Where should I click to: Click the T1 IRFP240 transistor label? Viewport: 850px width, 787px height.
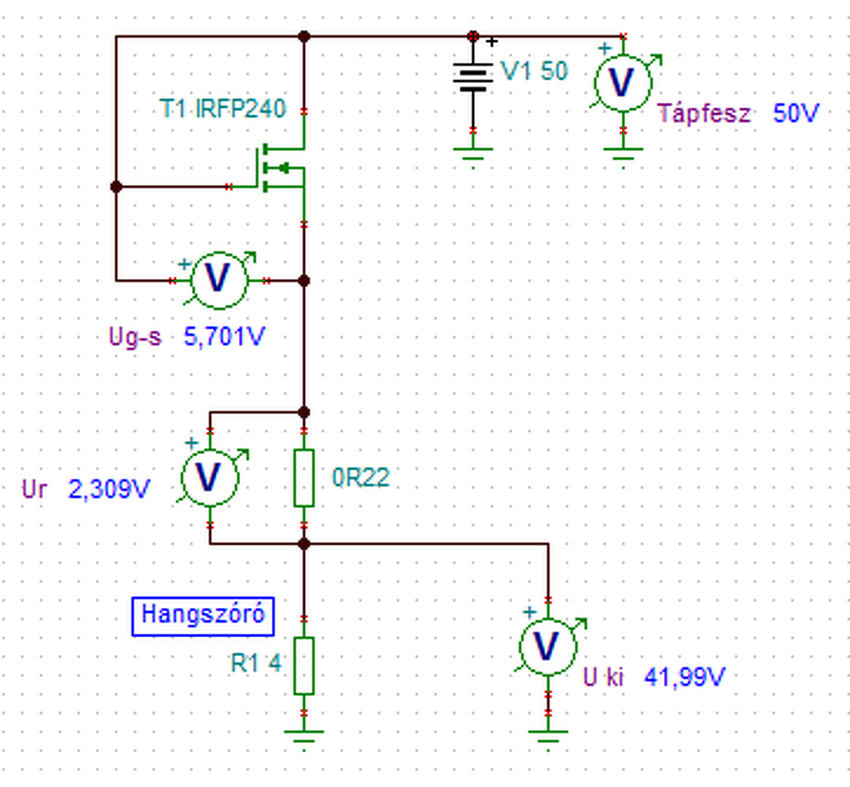tap(223, 108)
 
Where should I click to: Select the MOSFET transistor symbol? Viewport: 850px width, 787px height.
tap(279, 168)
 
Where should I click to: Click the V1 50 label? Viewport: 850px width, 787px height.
tap(534, 71)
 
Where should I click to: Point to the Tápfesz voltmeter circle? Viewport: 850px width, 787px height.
tap(623, 83)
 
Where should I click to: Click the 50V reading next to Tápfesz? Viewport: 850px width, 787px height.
tap(795, 113)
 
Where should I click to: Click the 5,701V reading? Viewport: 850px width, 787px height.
tap(224, 337)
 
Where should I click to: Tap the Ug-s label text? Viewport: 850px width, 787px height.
tap(135, 337)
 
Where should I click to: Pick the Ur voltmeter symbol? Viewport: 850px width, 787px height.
tap(210, 477)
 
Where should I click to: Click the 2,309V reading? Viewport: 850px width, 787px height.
tap(109, 490)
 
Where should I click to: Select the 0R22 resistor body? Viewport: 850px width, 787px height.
tap(304, 478)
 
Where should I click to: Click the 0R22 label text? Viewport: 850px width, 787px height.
tap(361, 477)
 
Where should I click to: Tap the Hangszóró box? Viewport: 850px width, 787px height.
tap(203, 616)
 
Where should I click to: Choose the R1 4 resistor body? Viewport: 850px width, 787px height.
tap(304, 666)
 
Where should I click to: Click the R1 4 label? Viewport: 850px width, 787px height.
tap(257, 663)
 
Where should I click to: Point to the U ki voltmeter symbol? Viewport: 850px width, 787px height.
tap(548, 646)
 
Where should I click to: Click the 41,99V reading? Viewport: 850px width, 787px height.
tap(685, 677)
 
